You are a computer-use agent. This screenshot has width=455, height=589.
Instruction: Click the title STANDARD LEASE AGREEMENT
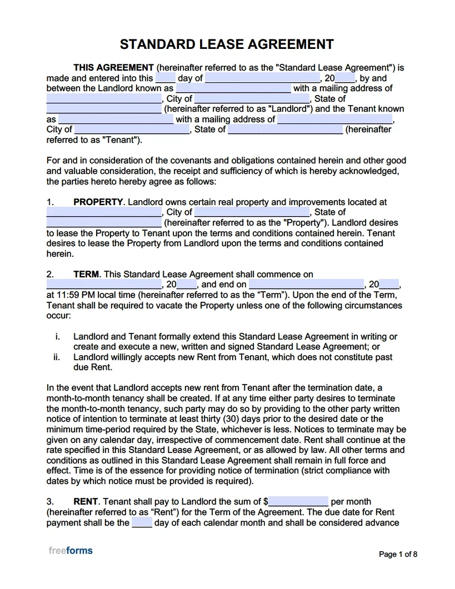pyautogui.click(x=227, y=44)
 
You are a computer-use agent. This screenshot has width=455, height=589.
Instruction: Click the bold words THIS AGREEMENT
pyautogui.click(x=113, y=68)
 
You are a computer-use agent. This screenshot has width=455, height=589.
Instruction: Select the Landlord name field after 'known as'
pyautogui.click(x=233, y=88)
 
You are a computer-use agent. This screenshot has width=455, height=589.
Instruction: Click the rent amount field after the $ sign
pyautogui.click(x=299, y=501)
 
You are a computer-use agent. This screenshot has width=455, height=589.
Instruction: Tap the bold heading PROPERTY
pyautogui.click(x=98, y=202)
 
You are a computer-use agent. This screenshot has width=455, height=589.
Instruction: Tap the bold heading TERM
pyautogui.click(x=86, y=274)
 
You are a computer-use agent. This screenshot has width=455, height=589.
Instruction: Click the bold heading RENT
pyautogui.click(x=86, y=501)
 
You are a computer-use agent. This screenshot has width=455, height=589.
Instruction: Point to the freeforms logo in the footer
pyautogui.click(x=71, y=551)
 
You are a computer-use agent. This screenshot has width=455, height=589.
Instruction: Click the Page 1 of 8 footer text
pyautogui.click(x=398, y=554)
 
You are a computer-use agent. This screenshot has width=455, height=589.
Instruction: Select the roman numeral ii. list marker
pyautogui.click(x=57, y=357)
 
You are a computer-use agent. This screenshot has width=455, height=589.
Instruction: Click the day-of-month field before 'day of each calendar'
pyautogui.click(x=142, y=522)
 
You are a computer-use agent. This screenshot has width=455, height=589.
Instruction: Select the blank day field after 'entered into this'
pyautogui.click(x=166, y=78)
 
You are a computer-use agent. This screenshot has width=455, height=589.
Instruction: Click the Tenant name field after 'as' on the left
pyautogui.click(x=116, y=119)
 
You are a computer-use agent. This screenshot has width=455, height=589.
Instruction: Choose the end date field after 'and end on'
pyautogui.click(x=306, y=284)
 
